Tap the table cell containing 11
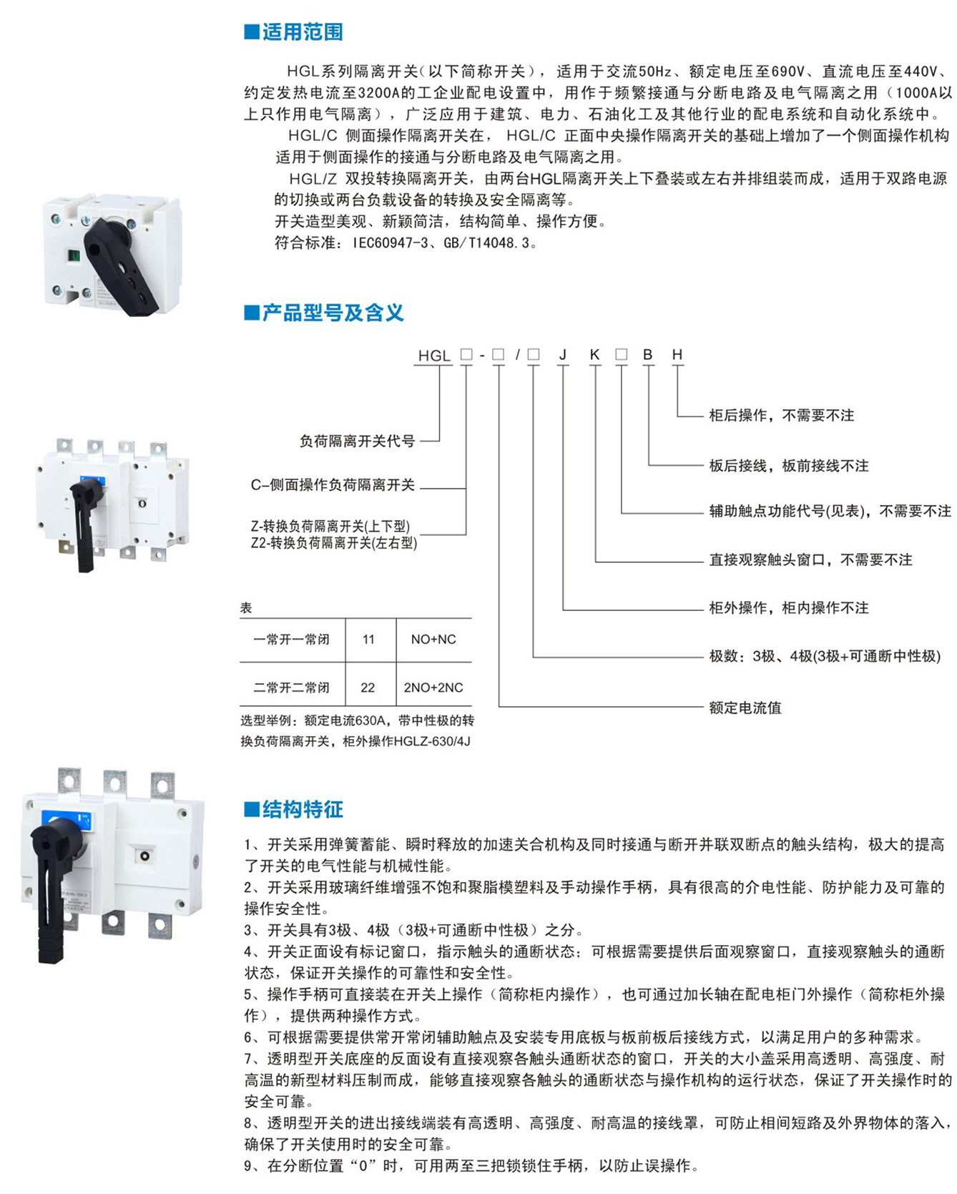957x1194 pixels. (368, 640)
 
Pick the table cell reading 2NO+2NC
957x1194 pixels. (433, 687)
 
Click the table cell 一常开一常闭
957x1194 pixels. (292, 640)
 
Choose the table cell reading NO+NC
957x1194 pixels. (433, 640)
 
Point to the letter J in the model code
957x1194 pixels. (563, 355)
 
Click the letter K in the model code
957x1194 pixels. (594, 355)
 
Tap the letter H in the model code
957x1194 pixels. (677, 355)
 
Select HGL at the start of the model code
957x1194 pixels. (434, 356)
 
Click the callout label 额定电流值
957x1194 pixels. (745, 708)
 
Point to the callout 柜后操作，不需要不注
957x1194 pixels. (782, 416)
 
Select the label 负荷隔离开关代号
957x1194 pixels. (357, 441)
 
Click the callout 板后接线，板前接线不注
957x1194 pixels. (789, 466)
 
